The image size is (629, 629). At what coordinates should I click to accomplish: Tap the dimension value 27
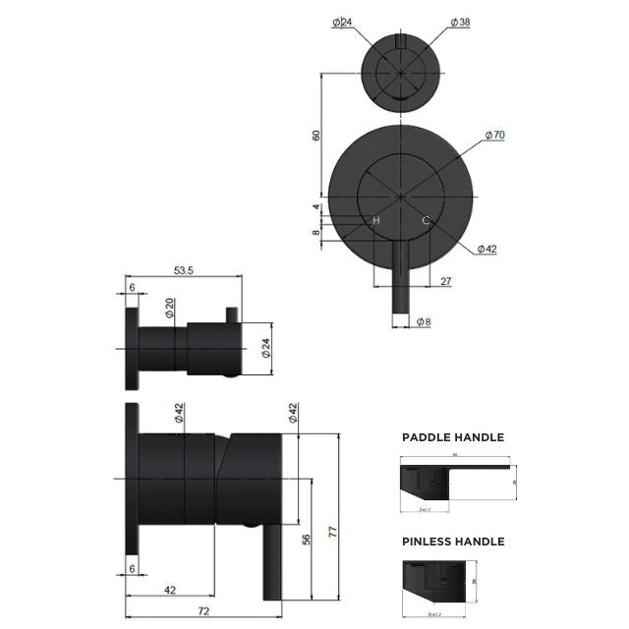tap(446, 282)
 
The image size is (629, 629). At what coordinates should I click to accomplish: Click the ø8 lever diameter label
tap(424, 321)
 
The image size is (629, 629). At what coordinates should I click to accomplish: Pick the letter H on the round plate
tap(375, 221)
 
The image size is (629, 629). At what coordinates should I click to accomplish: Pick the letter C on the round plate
tap(426, 221)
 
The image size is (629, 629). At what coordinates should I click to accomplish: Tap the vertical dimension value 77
tap(332, 532)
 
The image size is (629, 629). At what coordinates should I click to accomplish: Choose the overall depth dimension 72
tap(202, 611)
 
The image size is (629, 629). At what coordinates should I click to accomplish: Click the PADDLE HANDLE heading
tap(453, 437)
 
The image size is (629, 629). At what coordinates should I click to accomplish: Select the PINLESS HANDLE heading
tap(453, 542)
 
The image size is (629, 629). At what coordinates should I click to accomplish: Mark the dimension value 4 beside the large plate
tap(316, 207)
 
